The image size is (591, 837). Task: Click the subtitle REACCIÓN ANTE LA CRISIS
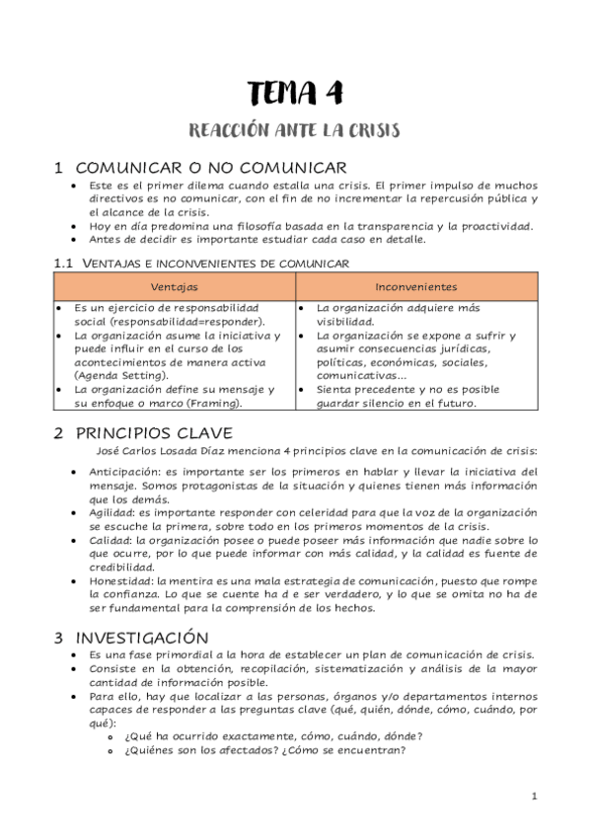(295, 130)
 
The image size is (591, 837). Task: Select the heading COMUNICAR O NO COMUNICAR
(210, 168)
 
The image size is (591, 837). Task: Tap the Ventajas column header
(174, 287)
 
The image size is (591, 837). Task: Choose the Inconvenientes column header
(415, 287)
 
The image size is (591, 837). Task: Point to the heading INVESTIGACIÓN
(142, 638)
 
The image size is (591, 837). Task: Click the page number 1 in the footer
(534, 796)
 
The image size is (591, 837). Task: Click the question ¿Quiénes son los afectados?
(202, 748)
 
